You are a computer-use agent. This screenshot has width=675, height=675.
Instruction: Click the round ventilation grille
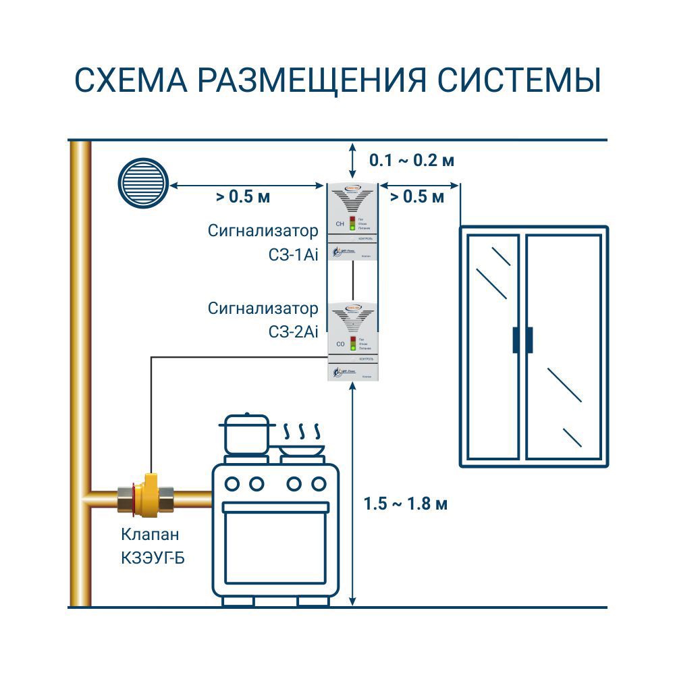[142, 182]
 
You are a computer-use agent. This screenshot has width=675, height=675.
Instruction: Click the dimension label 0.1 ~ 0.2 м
[412, 161]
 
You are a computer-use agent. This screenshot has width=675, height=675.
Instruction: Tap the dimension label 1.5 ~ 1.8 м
[406, 504]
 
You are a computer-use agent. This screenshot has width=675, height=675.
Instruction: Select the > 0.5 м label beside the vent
[243, 197]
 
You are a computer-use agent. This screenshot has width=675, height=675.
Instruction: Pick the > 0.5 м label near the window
[417, 197]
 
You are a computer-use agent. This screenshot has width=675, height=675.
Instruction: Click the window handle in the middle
[522, 340]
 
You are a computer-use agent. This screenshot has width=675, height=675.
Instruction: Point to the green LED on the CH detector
[352, 228]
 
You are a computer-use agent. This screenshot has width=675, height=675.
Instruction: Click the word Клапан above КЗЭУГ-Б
[151, 535]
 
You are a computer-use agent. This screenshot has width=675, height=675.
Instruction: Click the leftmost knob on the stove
[232, 483]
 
